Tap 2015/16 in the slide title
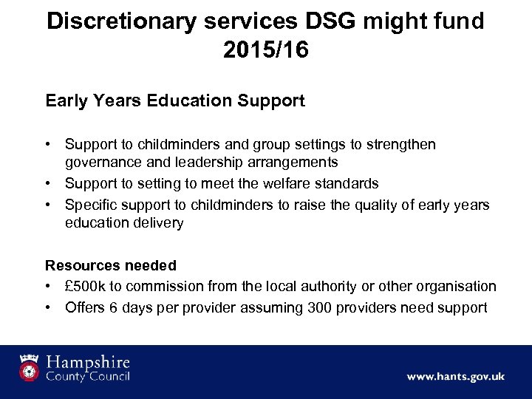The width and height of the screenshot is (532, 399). (x=265, y=50)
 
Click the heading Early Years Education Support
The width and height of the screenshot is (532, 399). (x=175, y=101)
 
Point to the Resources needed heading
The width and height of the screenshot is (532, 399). (x=111, y=265)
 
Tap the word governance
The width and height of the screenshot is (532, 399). (x=101, y=162)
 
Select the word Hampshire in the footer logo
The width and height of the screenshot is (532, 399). (x=87, y=363)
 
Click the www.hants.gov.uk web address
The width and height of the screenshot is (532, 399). (x=455, y=376)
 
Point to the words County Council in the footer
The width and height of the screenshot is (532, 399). (x=87, y=377)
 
